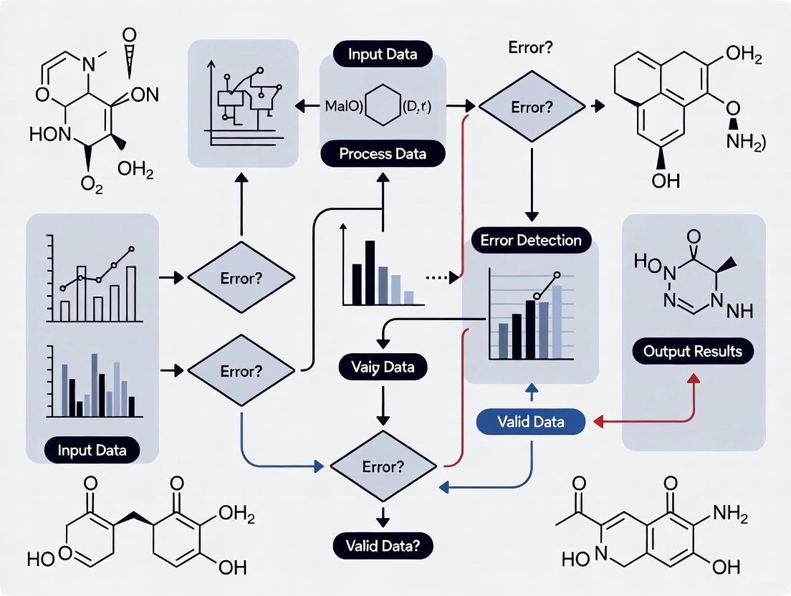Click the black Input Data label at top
pos(383,54)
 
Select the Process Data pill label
pos(383,154)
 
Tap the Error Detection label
pos(531,240)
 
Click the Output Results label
pos(693,352)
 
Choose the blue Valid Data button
pos(530,421)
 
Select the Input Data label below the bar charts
pos(92,450)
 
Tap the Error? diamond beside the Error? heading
pos(532,107)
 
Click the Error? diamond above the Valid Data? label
pos(383,466)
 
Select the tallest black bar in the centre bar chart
pos(370,272)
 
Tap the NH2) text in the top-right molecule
pos(745,142)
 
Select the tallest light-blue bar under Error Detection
pos(557,322)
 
